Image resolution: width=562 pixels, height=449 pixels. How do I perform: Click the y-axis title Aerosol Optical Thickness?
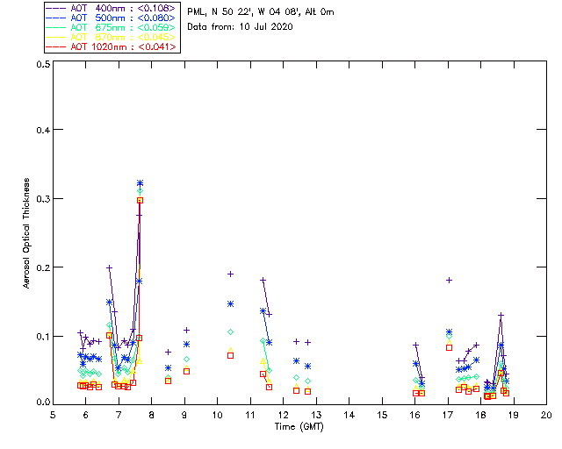point(27,233)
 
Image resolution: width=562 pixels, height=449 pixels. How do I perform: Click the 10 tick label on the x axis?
point(217,415)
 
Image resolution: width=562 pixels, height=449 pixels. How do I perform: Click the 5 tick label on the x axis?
point(53,415)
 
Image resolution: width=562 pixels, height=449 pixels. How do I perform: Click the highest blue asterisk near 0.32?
point(140,183)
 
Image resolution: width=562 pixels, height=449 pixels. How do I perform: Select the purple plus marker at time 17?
point(449,280)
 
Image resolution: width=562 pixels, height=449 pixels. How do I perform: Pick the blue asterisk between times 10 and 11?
point(230,303)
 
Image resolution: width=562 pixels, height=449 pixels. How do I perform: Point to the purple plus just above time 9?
point(186,330)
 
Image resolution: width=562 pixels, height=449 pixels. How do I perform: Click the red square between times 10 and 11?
point(230,355)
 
